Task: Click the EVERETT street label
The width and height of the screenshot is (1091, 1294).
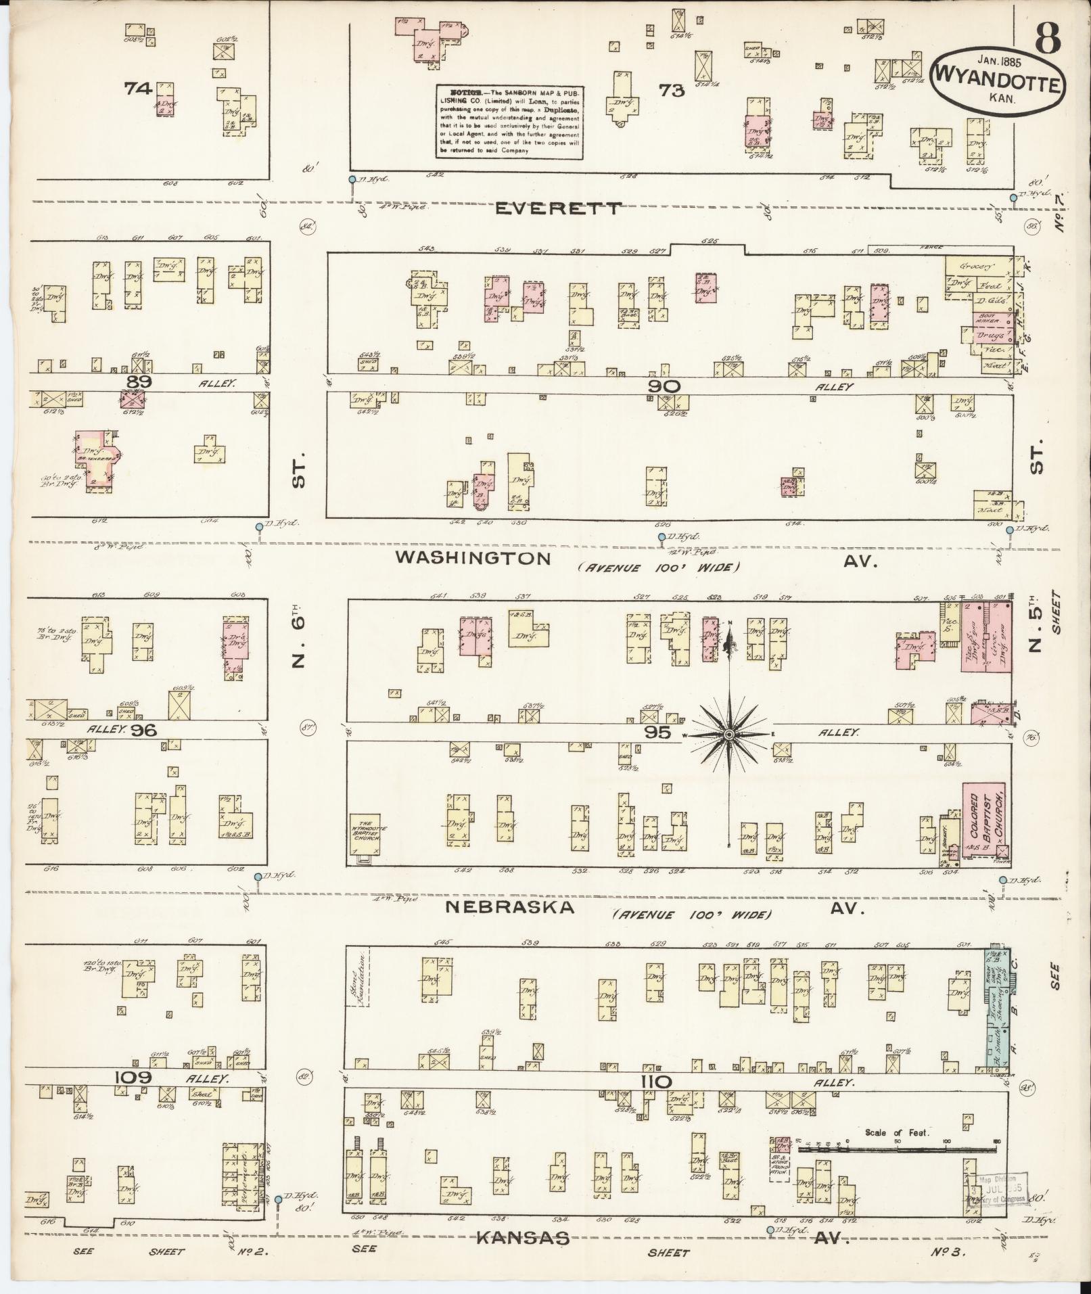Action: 557,208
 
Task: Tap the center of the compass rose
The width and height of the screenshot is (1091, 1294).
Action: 730,735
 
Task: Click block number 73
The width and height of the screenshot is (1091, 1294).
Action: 672,90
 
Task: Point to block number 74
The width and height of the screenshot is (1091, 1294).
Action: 137,87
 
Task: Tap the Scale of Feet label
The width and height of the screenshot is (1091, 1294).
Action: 897,1132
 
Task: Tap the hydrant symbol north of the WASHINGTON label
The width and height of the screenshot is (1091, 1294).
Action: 661,536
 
